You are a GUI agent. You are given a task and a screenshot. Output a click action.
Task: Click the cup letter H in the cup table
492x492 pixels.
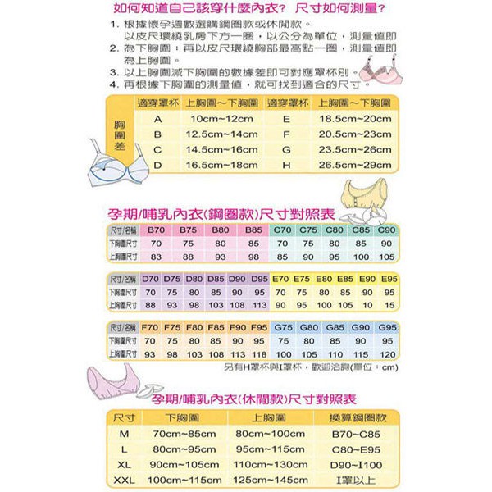(x=286, y=165)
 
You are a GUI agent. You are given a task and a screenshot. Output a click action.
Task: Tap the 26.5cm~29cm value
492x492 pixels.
(x=355, y=165)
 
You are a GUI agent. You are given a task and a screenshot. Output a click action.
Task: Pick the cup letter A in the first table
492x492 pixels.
(x=157, y=119)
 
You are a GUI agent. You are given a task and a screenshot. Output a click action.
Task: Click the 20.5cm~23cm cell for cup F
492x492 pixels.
(x=355, y=134)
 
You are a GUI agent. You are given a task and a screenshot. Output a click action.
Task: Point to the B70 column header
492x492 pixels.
(x=157, y=230)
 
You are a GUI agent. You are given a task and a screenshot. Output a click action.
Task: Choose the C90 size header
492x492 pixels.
(x=387, y=230)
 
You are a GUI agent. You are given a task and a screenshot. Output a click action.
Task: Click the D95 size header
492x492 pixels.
(x=259, y=279)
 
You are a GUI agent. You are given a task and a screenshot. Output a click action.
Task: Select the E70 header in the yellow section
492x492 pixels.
(x=280, y=279)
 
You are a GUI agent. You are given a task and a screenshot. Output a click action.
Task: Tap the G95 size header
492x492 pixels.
(x=388, y=327)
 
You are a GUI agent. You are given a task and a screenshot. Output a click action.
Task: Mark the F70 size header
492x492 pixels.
(x=150, y=327)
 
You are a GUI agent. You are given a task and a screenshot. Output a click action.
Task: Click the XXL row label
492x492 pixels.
(x=125, y=480)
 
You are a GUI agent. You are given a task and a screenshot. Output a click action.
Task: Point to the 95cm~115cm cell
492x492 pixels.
(x=270, y=449)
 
